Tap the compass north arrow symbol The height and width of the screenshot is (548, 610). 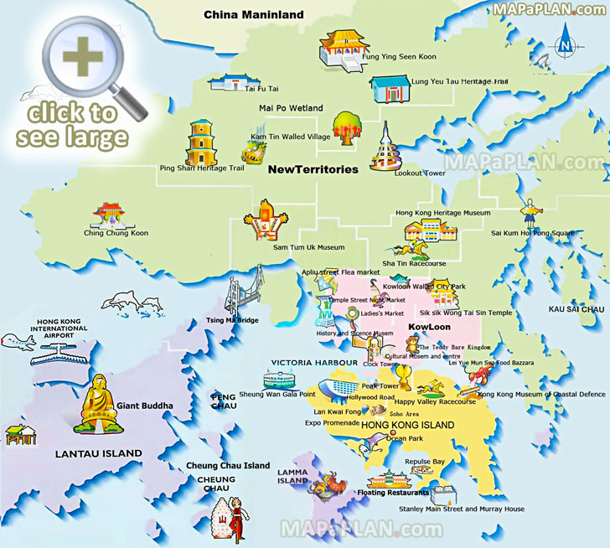click(x=566, y=39)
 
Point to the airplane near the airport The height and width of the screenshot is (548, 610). click(x=18, y=341)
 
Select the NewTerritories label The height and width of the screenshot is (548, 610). click(x=313, y=169)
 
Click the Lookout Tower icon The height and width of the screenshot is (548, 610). click(x=386, y=147)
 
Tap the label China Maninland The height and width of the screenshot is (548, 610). click(x=255, y=14)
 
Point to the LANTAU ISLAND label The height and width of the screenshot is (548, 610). click(x=98, y=453)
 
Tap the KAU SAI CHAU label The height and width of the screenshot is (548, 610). click(x=576, y=309)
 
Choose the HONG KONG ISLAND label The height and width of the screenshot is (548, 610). click(x=408, y=426)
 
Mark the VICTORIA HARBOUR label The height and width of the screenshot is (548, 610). click(x=302, y=363)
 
